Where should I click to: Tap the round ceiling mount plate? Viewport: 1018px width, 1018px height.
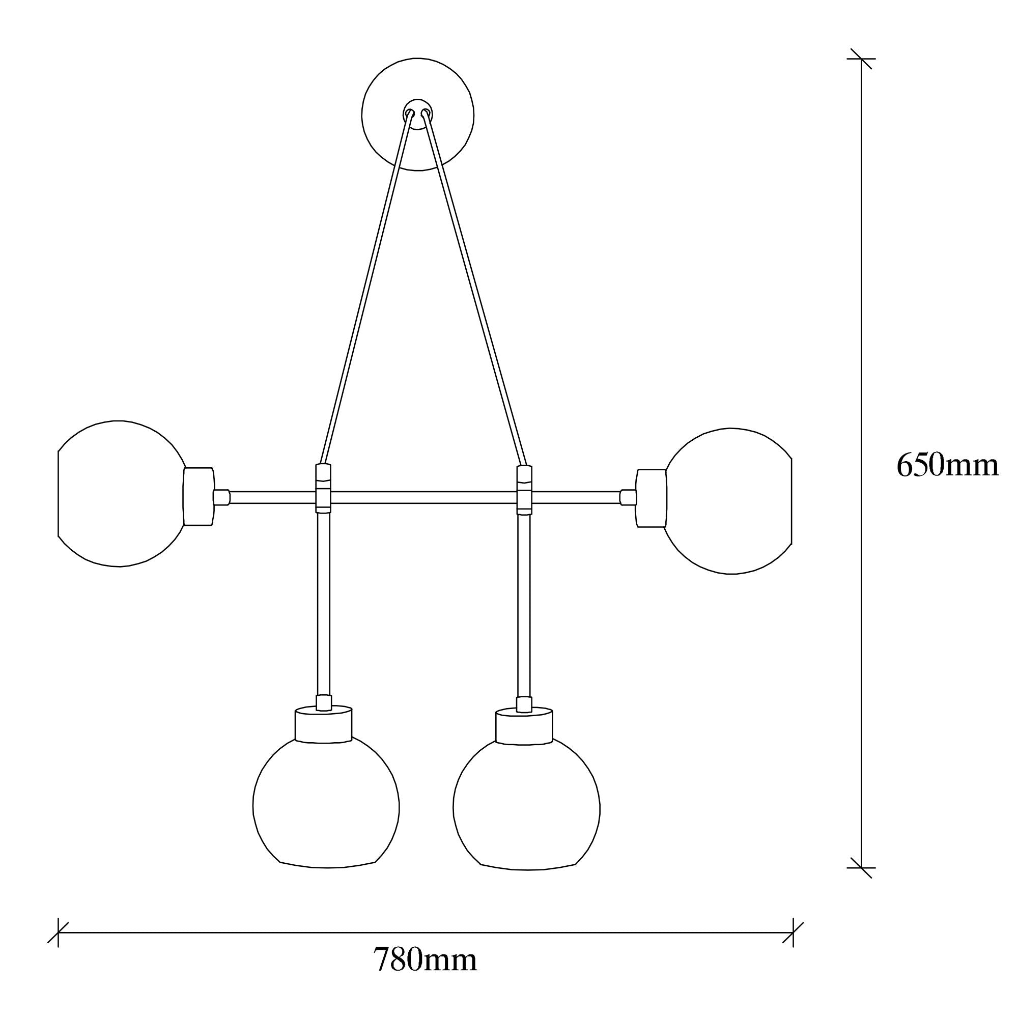click(x=418, y=115)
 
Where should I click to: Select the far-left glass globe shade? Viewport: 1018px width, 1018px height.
click(x=121, y=494)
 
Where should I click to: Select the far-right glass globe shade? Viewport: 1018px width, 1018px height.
click(x=728, y=500)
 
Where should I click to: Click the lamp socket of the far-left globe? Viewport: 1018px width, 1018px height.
click(x=199, y=496)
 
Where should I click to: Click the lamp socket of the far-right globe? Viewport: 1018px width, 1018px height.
click(x=652, y=498)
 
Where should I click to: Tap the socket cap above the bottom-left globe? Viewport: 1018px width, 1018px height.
click(x=323, y=724)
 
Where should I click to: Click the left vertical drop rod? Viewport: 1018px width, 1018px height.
click(x=324, y=604)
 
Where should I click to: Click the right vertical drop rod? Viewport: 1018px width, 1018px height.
click(x=524, y=606)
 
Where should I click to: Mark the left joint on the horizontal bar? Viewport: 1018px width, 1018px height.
click(x=324, y=489)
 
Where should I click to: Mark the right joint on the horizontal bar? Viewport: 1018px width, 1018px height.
click(x=524, y=490)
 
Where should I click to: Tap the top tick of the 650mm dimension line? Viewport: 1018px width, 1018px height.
click(x=862, y=59)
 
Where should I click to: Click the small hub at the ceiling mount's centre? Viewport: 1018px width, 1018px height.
click(x=418, y=114)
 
